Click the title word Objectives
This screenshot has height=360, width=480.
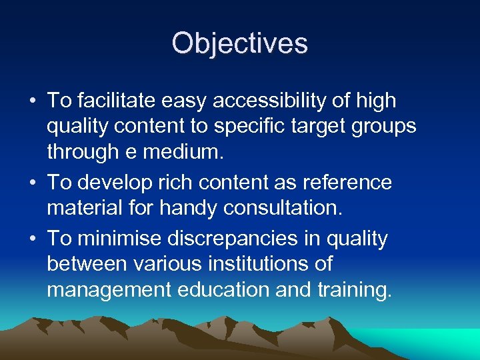pos(239,44)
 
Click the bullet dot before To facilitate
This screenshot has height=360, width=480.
pos(32,101)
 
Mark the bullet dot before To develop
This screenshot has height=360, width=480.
pos(32,183)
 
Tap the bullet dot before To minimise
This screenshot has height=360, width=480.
pos(32,237)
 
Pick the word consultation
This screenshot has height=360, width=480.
pos(283,209)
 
